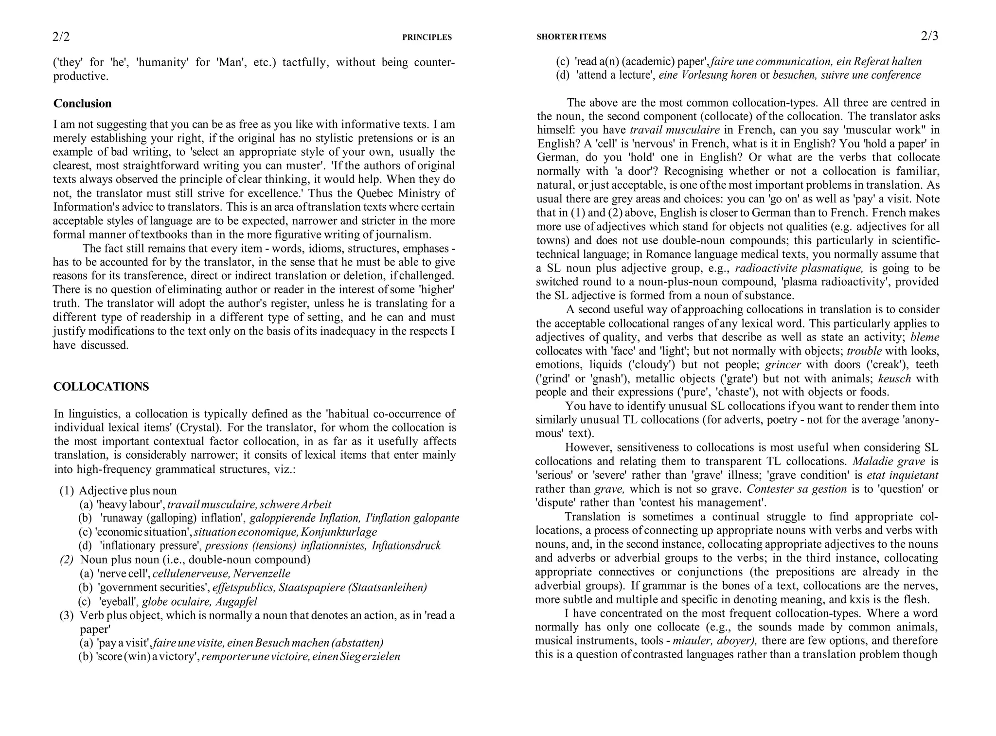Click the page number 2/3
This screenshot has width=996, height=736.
click(929, 36)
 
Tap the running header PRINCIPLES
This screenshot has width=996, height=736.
click(427, 37)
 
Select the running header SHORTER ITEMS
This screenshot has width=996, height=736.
click(571, 37)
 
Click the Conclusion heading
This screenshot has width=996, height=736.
click(82, 104)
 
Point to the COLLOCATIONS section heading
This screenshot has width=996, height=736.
click(101, 387)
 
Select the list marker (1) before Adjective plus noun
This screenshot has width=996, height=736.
click(67, 491)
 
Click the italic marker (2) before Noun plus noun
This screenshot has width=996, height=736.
click(67, 560)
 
